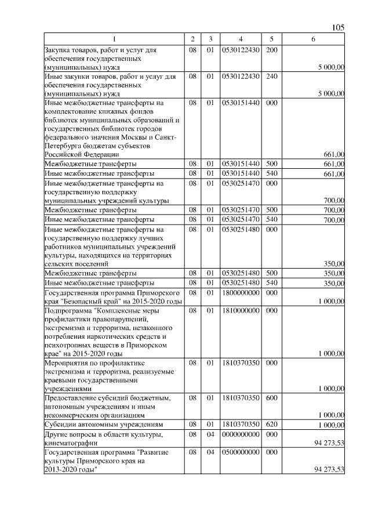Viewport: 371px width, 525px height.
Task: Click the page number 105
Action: click(x=338, y=28)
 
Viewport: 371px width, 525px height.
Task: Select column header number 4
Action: click(x=240, y=39)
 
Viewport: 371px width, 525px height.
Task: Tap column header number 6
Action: click(x=313, y=39)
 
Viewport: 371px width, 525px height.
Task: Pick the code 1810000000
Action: click(x=240, y=310)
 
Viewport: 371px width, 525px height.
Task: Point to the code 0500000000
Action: click(x=240, y=451)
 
